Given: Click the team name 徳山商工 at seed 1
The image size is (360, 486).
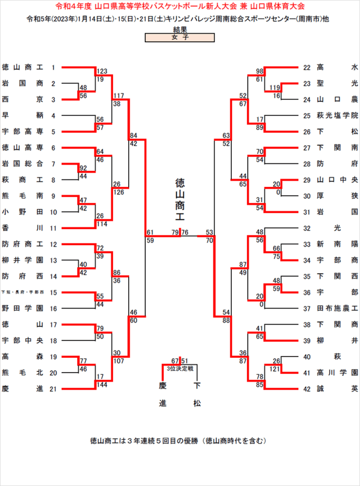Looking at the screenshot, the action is (22, 67).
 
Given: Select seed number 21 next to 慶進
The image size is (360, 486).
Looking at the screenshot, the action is (53, 389).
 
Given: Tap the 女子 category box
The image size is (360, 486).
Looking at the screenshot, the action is (180, 37).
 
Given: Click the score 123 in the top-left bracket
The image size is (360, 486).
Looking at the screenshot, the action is (102, 71).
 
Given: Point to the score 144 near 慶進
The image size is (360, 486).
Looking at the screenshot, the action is (102, 385).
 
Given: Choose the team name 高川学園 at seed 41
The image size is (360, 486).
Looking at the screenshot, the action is (337, 373).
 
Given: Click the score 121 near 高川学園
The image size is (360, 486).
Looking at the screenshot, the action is (275, 369).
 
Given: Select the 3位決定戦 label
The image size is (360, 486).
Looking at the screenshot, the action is (180, 369).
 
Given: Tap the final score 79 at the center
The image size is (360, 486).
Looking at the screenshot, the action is (175, 233).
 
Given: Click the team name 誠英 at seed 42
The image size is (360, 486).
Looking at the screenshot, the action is (337, 389).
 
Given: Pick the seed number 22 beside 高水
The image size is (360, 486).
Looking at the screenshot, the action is (307, 67).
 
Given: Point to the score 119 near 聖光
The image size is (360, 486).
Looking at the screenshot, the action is (275, 88).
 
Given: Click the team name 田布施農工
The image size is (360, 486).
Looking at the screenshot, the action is (337, 308).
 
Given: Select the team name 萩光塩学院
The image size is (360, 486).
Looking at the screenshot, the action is (337, 116).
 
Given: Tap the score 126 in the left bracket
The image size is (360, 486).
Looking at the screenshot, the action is (119, 192).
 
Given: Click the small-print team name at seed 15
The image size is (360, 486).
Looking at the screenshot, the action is (22, 292).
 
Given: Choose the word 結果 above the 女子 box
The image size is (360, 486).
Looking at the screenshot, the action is (180, 30).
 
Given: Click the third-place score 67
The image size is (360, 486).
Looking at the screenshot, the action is (175, 361).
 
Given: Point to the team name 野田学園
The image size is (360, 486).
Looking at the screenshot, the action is (22, 308).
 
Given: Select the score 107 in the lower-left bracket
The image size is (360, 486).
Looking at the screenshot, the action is (119, 361).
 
